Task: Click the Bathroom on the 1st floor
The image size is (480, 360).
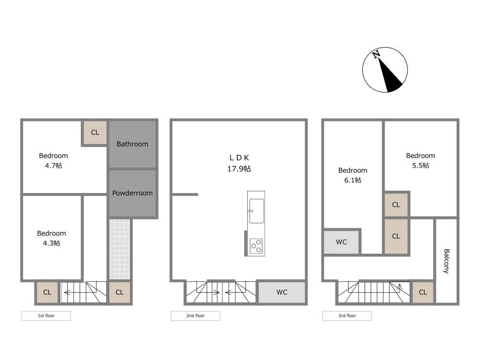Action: coord(132,144)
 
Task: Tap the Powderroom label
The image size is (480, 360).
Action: coord(132,193)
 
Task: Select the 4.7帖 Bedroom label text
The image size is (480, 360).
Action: coord(54,160)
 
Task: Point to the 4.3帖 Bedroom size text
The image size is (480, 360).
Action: coord(51,243)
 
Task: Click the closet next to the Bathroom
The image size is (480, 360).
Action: coord(95,132)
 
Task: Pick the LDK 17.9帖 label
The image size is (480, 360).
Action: coord(239,163)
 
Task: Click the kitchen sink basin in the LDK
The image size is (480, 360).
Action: coord(256,211)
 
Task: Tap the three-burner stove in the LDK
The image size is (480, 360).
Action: coord(256,246)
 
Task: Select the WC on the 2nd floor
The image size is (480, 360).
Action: coord(282,292)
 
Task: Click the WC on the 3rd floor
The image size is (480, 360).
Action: coord(341,242)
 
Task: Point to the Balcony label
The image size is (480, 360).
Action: coord(446,261)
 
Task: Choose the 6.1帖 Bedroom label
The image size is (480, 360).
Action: coord(353,175)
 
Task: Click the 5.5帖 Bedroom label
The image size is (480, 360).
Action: coord(420,160)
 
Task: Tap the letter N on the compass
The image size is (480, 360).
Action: coord(376,55)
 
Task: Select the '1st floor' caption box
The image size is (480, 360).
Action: coord(46,316)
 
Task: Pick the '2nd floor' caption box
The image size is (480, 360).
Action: coord(195,316)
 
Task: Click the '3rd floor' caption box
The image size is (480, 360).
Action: coord(347,316)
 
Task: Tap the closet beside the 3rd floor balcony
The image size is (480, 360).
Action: coord(423,292)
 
